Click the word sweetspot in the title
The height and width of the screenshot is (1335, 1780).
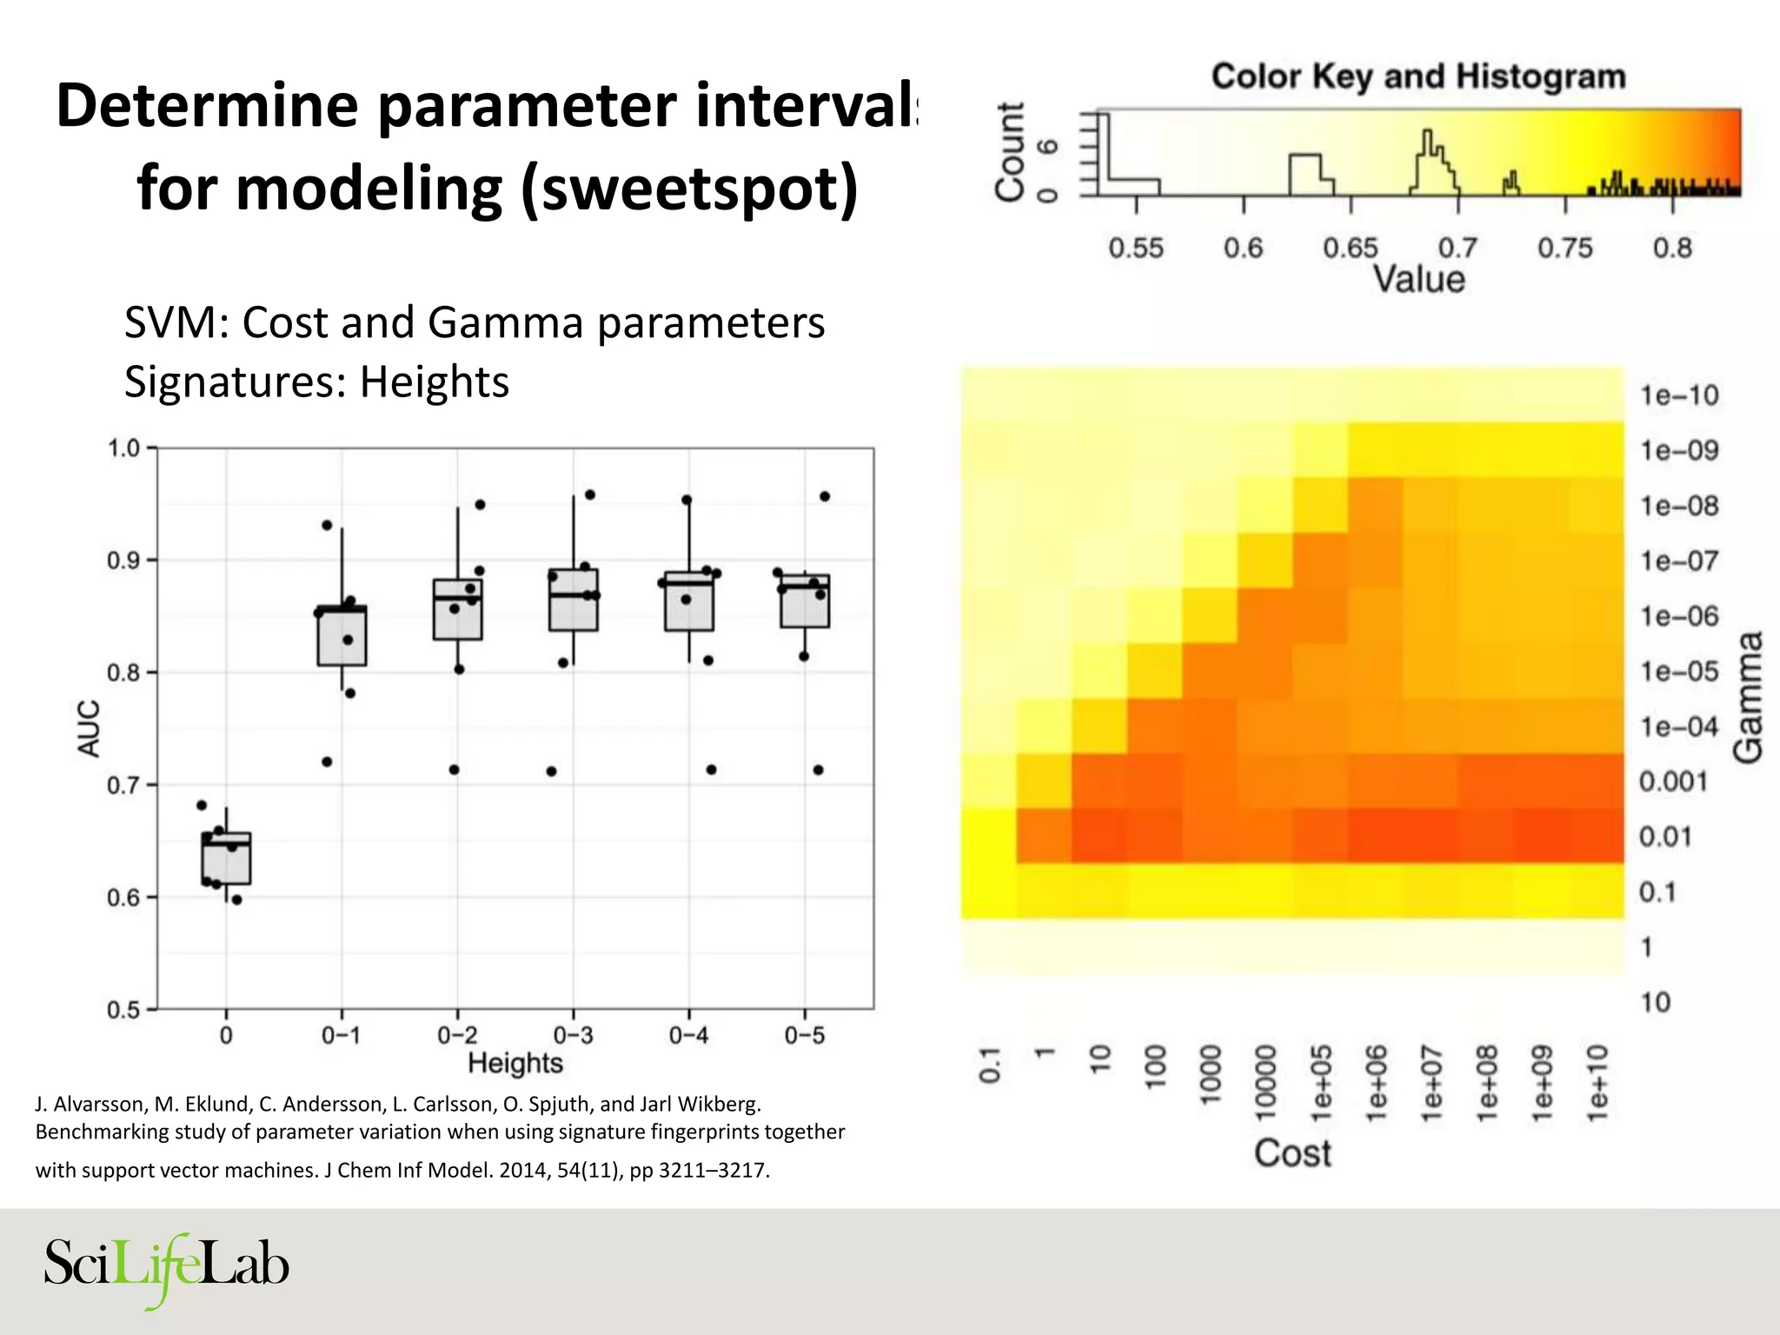click(688, 189)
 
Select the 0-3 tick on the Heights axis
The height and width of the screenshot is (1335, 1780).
click(573, 1035)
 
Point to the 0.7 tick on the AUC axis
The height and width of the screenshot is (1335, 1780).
click(123, 786)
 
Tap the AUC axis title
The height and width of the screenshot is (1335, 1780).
click(90, 728)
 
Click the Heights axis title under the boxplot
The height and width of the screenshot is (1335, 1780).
click(515, 1063)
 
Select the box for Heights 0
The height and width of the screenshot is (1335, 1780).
click(227, 858)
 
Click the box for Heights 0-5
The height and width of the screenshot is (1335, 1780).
click(805, 601)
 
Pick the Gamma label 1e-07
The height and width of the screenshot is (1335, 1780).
click(1678, 561)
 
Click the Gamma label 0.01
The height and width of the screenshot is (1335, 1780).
click(1665, 837)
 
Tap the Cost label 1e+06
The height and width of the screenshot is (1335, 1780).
click(1377, 1083)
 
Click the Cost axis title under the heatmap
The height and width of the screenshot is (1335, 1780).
click(1292, 1153)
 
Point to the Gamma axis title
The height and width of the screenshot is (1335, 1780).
click(1748, 697)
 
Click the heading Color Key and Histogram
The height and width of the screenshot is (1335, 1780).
click(1418, 76)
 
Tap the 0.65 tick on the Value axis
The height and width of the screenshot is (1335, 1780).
click(1350, 249)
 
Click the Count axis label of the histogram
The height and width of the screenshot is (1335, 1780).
click(1010, 152)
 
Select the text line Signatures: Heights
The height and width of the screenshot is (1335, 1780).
click(316, 382)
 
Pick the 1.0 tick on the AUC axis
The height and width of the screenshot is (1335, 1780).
click(123, 448)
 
